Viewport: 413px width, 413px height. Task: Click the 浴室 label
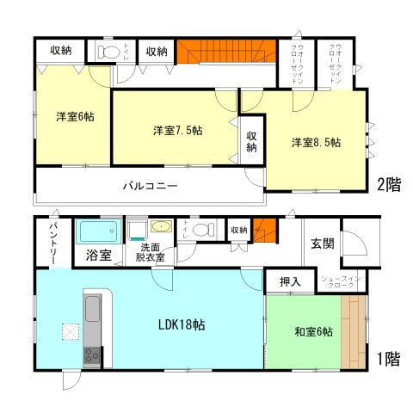[x=98, y=256]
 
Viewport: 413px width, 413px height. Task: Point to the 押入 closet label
[x=291, y=281]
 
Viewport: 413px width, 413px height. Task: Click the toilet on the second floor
[x=108, y=52]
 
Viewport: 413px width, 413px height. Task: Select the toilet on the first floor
[x=200, y=230]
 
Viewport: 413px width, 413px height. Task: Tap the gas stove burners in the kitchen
[x=93, y=355]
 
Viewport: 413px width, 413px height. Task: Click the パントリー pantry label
[x=52, y=243]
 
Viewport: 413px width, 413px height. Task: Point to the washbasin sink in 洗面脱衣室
[x=160, y=228]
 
